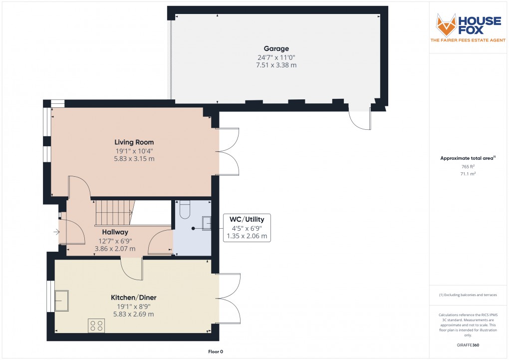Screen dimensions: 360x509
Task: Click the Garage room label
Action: [x=276, y=49]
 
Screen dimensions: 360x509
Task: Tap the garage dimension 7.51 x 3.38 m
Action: [x=276, y=65]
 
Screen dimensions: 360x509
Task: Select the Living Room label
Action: [x=134, y=142]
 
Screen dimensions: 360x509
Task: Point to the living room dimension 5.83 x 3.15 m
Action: [x=134, y=159]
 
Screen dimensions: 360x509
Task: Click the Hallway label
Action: [x=115, y=232]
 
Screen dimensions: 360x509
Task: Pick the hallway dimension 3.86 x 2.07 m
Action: [x=115, y=248]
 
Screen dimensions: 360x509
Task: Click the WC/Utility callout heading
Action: [x=247, y=219]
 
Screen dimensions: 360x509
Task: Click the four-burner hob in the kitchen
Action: [x=96, y=326]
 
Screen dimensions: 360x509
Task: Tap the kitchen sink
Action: [x=62, y=301]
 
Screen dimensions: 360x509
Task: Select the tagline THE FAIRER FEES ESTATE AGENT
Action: [x=469, y=40]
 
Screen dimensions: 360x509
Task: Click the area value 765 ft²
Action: [x=468, y=166]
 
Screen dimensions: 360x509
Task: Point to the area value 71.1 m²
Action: [x=468, y=174]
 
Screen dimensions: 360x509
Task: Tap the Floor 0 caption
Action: [x=216, y=352]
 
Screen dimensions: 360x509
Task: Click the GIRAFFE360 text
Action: [x=468, y=345]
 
